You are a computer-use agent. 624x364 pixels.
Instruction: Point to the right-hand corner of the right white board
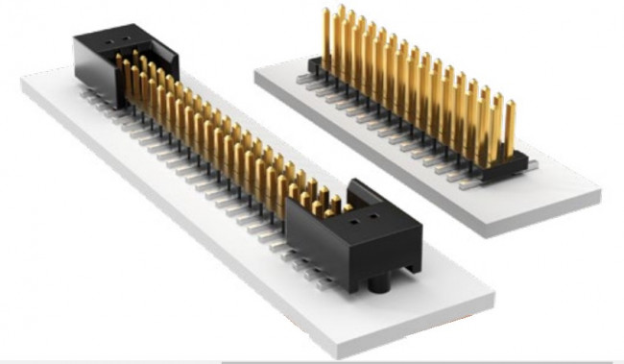coord(597,196)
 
